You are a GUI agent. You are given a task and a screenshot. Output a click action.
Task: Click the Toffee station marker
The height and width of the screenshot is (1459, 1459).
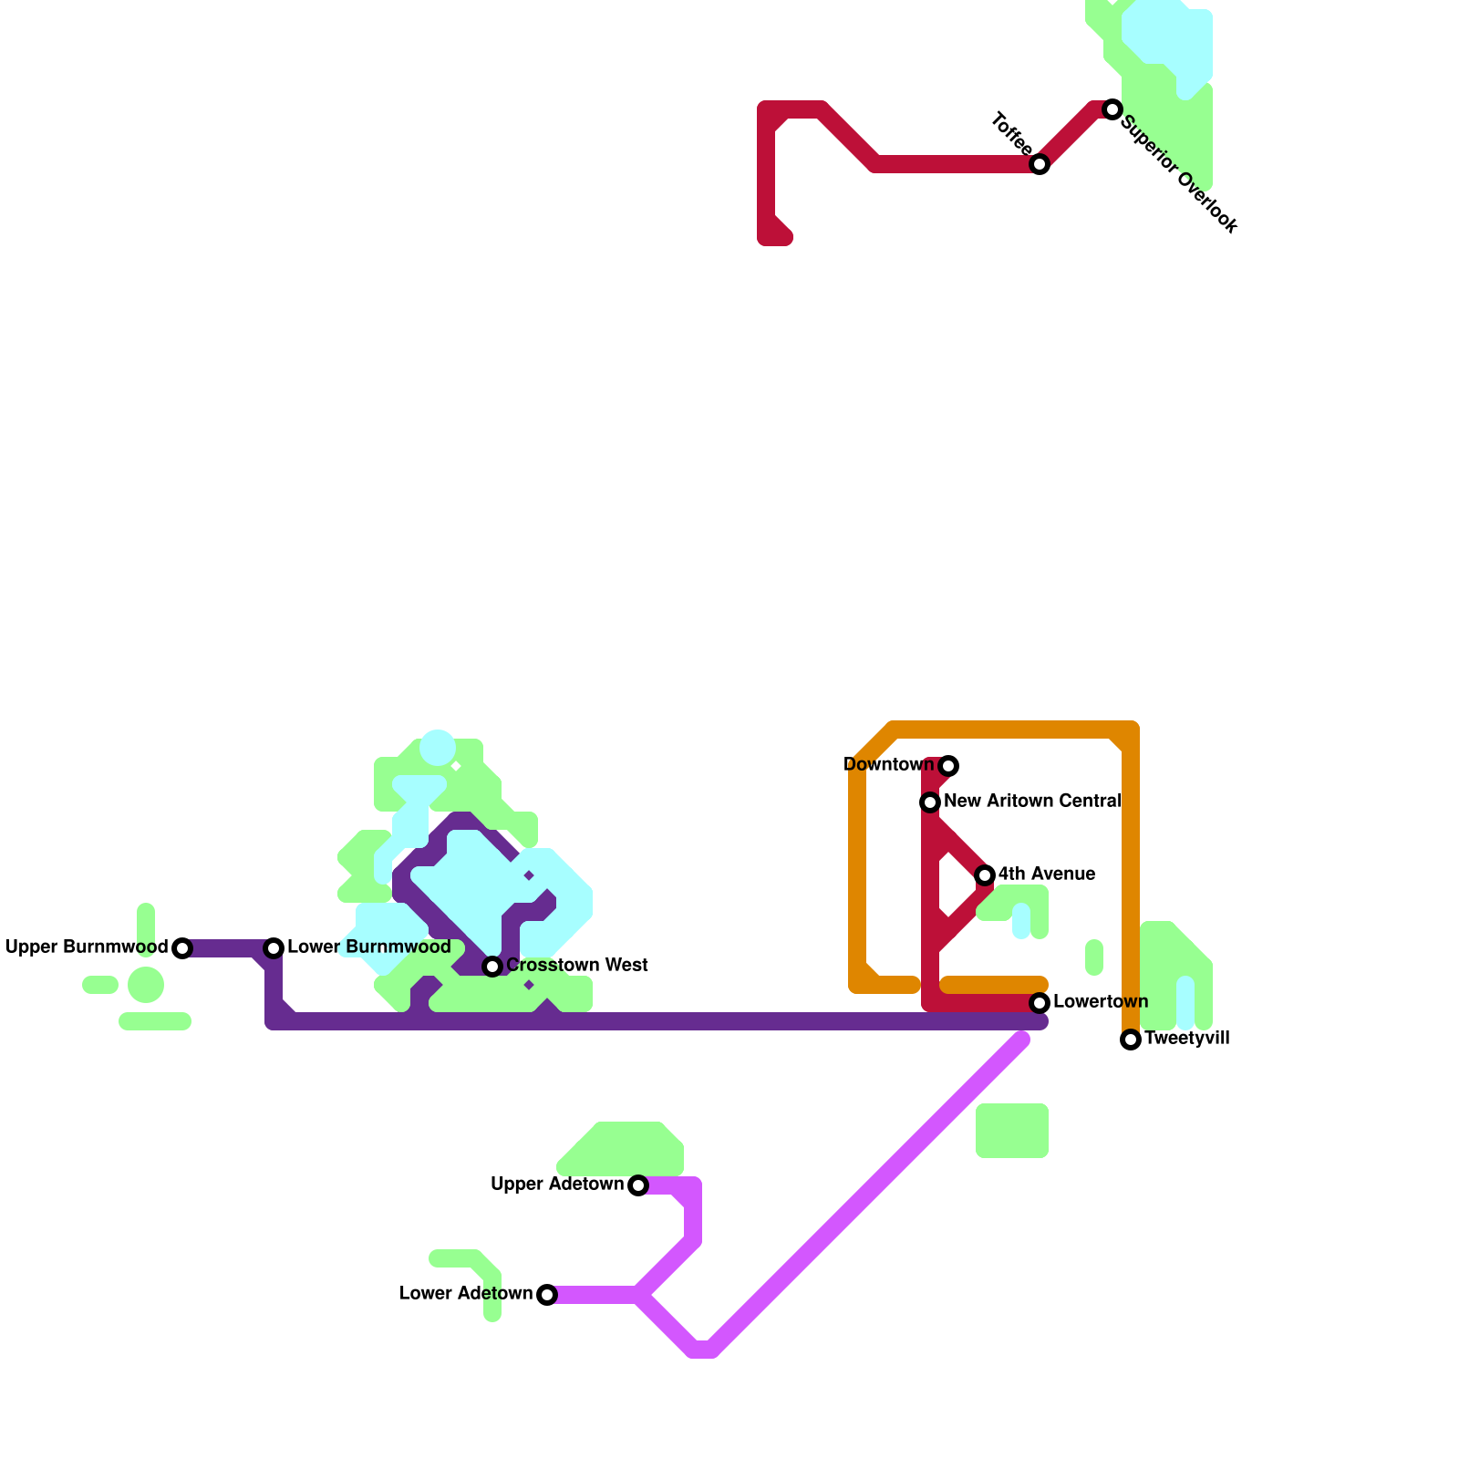tap(1040, 164)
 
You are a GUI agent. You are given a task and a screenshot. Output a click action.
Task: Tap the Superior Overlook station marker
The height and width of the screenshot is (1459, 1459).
tap(1112, 109)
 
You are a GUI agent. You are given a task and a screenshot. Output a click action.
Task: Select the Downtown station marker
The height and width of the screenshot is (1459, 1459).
tap(948, 766)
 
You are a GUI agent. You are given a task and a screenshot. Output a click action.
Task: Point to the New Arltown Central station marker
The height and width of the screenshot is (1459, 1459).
tap(930, 802)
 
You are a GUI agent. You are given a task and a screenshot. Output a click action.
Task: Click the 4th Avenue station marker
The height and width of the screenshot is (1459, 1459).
tap(985, 875)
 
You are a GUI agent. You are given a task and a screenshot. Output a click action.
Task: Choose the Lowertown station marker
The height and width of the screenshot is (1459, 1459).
tap(1040, 1003)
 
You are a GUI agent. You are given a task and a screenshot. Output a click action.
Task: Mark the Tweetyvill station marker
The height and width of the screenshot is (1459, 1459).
tap(1131, 1040)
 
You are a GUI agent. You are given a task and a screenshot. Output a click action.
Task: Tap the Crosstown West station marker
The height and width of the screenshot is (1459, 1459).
tap(492, 967)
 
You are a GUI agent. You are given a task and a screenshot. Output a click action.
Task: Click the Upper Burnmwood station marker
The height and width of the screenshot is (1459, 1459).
tap(182, 948)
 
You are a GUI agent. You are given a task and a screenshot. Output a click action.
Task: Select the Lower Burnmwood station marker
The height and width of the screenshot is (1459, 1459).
tap(274, 948)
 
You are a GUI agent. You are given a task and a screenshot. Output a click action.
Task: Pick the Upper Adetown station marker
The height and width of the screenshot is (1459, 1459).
tap(638, 1185)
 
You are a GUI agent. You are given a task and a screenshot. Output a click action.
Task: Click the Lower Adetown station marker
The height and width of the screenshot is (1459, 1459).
tap(547, 1295)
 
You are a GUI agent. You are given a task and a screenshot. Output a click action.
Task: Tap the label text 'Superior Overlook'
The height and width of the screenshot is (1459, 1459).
tap(1178, 173)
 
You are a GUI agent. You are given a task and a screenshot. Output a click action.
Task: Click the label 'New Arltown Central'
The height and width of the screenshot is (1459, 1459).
tap(1032, 802)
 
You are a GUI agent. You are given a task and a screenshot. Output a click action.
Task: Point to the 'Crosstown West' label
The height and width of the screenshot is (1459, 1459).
tap(577, 965)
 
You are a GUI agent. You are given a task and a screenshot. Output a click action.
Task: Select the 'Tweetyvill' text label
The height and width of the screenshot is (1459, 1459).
tap(1186, 1039)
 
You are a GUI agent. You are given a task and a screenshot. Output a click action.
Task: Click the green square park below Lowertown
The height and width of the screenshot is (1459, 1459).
tap(1011, 1131)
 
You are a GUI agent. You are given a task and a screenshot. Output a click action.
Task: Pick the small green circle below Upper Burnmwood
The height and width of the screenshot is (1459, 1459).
tap(146, 985)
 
